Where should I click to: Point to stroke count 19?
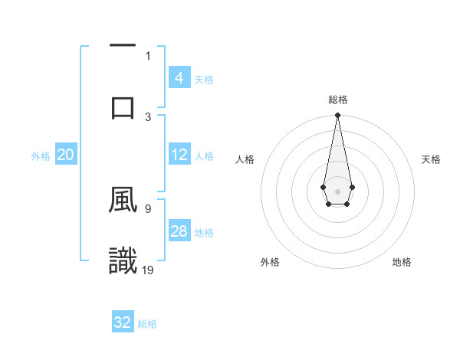[147, 270]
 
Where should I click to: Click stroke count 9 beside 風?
[147, 208]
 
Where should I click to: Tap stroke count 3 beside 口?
[148, 116]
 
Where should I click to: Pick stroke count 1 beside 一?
[148, 55]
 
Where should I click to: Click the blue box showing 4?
[179, 78]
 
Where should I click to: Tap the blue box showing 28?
[179, 231]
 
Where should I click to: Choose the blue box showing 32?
[123, 322]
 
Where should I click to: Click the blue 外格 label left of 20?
[41, 156]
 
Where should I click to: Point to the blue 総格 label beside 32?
[147, 324]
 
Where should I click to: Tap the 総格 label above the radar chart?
[337, 100]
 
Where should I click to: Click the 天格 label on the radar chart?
[432, 159]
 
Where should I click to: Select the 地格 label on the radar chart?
[402, 262]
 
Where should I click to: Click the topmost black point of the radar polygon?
[337, 115]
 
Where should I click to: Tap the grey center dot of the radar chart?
[337, 190]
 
